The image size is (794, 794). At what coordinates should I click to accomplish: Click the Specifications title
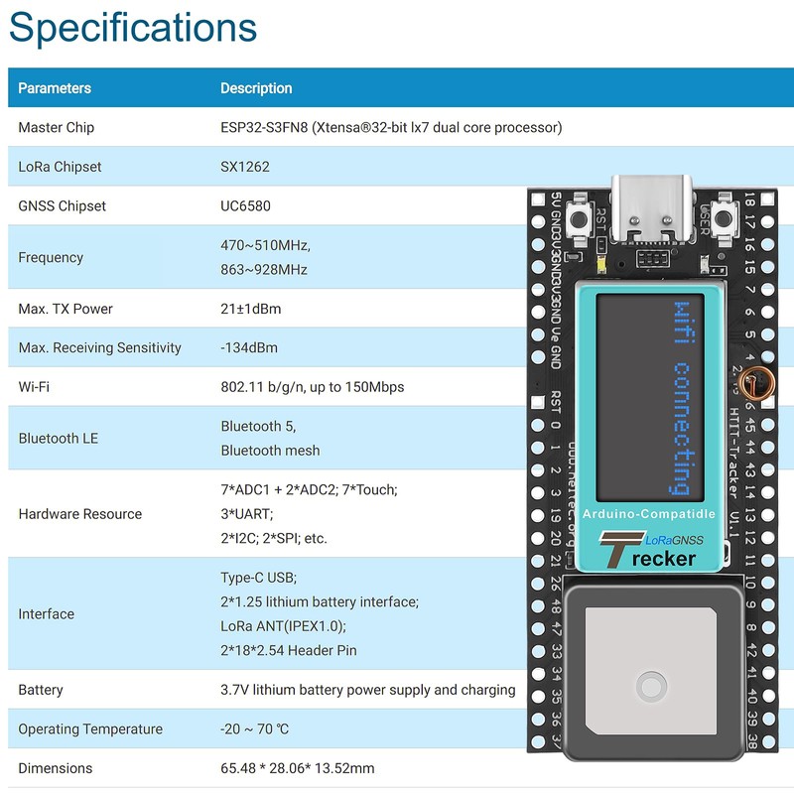[x=133, y=28]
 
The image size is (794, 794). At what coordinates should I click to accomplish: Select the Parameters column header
[x=55, y=88]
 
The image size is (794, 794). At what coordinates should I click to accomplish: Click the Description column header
[x=256, y=88]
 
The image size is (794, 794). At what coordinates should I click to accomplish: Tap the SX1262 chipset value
[x=244, y=167]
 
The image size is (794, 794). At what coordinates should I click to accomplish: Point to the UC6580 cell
[x=245, y=206]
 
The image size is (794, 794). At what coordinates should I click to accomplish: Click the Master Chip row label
[x=57, y=128]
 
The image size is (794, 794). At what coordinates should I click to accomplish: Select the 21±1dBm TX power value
[x=250, y=309]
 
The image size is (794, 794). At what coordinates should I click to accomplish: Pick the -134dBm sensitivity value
[x=249, y=347]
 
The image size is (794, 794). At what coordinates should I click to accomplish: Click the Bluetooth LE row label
[x=59, y=438]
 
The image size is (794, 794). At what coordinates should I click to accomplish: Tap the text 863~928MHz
[x=264, y=270]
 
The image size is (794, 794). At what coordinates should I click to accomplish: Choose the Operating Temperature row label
[x=90, y=729]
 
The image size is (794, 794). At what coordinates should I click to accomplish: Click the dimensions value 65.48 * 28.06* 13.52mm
[x=298, y=768]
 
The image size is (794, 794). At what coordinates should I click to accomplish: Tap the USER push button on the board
[x=726, y=218]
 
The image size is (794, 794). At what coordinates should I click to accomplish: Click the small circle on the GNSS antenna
[x=652, y=685]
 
